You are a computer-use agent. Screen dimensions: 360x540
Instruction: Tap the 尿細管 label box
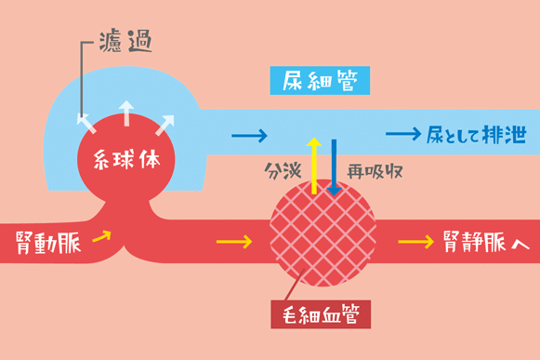click(320, 81)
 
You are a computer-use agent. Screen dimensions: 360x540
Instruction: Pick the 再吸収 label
click(368, 173)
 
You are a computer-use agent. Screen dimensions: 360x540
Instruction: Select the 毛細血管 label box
click(321, 313)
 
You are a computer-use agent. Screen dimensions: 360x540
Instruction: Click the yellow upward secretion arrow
click(314, 164)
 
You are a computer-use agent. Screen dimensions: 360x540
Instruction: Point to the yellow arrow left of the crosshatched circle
click(233, 244)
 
